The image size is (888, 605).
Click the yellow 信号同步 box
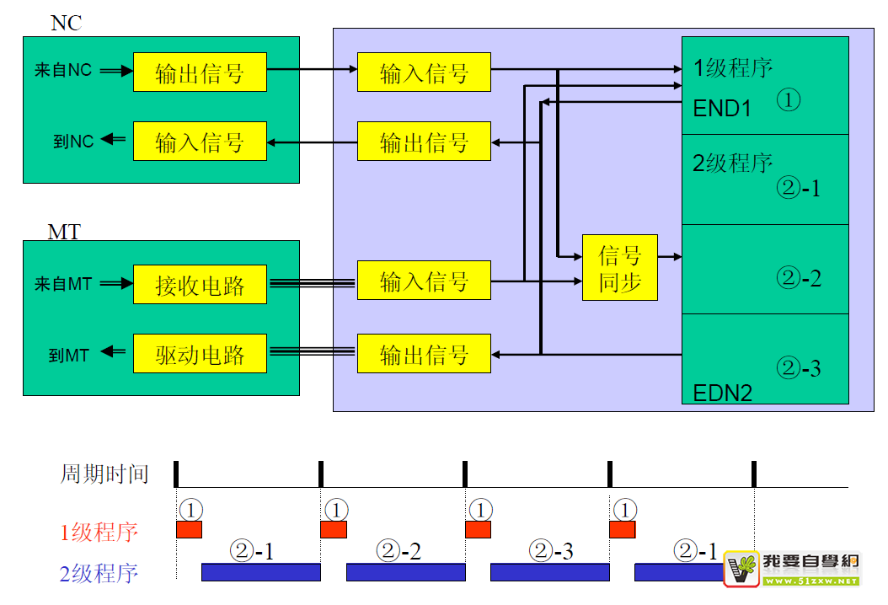tap(620, 268)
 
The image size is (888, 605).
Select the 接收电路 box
tap(200, 285)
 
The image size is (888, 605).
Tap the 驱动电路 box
tap(200, 354)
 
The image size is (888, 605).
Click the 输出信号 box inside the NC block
tap(200, 72)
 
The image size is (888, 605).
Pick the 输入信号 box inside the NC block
tap(200, 141)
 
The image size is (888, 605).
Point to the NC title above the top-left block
tap(67, 23)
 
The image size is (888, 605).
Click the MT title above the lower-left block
tap(64, 231)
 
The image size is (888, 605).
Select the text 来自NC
tap(62, 72)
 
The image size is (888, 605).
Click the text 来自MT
tap(62, 285)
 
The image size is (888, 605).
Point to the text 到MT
tap(69, 354)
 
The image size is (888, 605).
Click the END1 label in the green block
tap(722, 109)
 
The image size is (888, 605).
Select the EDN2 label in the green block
tap(723, 392)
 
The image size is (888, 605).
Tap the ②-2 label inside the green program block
tap(798, 277)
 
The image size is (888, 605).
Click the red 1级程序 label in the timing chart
tap(99, 533)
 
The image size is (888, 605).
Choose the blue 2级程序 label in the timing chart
tap(99, 575)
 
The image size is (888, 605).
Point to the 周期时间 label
tap(104, 474)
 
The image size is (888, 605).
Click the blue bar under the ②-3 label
tap(549, 572)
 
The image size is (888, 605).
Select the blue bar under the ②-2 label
tap(405, 572)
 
